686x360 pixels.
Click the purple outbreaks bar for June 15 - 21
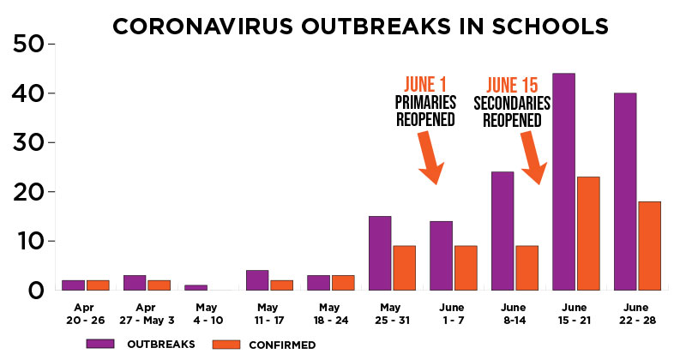pos(563,182)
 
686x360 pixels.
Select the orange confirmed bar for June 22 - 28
pos(649,246)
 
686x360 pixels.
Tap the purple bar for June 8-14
pos(502,231)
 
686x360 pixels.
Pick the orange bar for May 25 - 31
pos(404,267)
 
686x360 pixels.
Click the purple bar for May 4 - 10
pos(196,287)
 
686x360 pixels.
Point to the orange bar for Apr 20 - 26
pos(98,285)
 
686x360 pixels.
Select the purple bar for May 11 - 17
pos(257,280)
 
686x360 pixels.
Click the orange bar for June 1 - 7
pos(466,267)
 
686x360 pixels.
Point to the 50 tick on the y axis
pos(52,44)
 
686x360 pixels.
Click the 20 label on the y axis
pos(27,192)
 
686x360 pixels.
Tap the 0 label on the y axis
pos(36,291)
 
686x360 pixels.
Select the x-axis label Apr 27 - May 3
pos(147,314)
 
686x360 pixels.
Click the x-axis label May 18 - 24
pos(331,314)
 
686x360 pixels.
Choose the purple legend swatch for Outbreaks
pos(100,344)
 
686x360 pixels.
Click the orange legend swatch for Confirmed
pos(226,345)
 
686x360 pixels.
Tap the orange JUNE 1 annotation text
pos(424,84)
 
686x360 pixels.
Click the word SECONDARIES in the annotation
pos(512,103)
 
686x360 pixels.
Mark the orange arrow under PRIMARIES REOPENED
pos(430,158)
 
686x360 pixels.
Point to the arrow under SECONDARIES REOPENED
pos(533,158)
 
